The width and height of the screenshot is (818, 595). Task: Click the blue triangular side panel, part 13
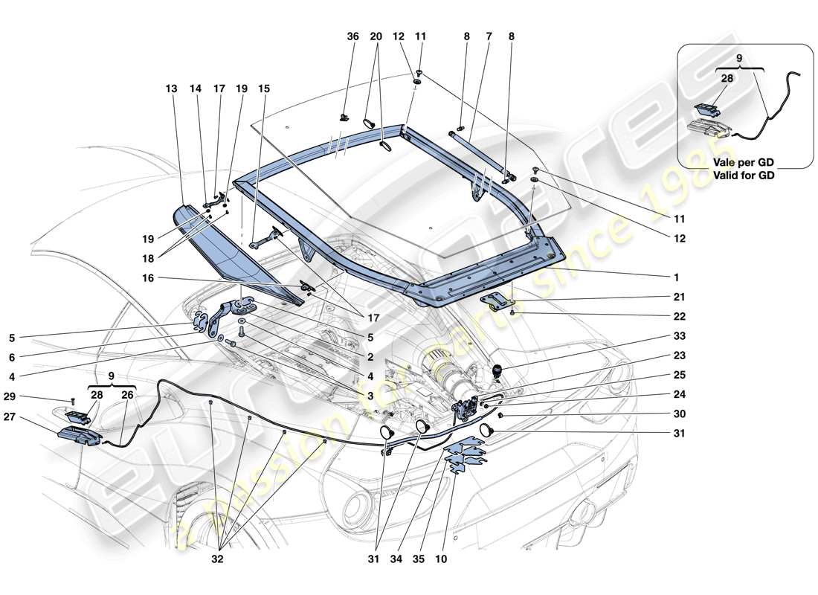click(216, 245)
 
